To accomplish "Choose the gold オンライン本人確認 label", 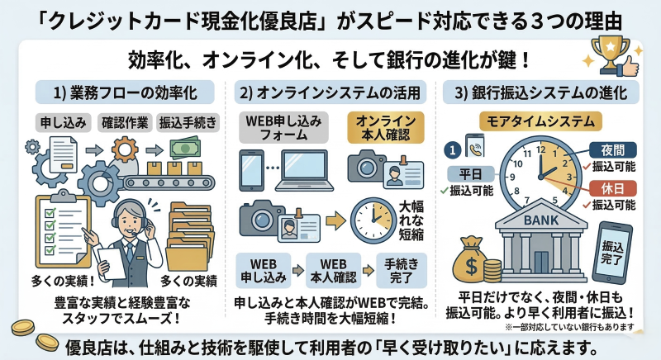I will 384,126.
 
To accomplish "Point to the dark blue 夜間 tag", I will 607,150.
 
